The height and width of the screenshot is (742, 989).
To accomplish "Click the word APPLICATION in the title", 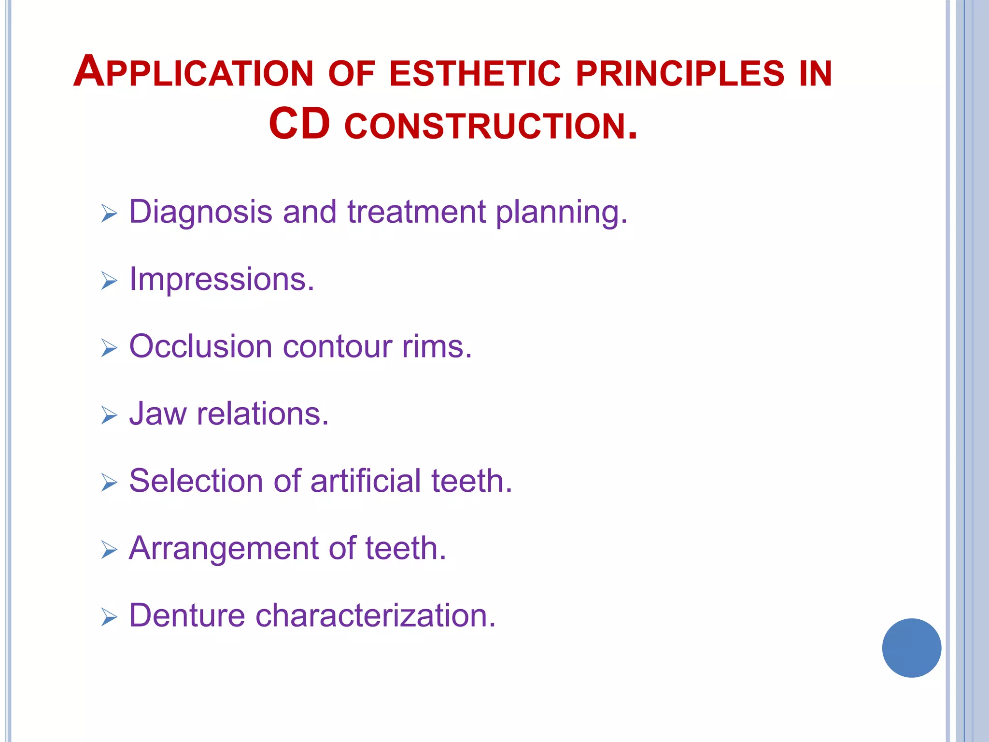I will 193,72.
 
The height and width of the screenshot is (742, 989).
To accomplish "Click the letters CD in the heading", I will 299,124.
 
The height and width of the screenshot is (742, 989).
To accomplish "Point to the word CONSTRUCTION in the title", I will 490,127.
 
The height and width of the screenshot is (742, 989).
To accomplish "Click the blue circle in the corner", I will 911,648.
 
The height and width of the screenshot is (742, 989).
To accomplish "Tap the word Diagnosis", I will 200,213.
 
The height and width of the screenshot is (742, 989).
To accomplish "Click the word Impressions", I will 222,280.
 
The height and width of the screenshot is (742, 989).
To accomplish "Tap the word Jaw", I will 157,414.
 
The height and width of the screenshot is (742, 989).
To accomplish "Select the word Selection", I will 196,481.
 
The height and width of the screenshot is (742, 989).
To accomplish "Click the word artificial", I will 366,481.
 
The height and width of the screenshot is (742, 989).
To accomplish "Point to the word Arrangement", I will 224,549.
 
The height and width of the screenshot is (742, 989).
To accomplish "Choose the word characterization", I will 375,616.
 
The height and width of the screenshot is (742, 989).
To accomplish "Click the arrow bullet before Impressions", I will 109,281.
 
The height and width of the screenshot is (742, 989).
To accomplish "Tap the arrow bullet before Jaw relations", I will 109,415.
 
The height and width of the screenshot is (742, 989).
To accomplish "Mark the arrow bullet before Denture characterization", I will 109,617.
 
